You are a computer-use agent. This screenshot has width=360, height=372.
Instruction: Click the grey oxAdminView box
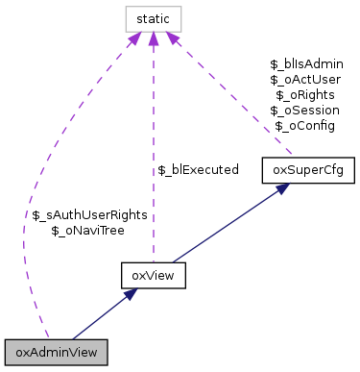[x=56, y=352]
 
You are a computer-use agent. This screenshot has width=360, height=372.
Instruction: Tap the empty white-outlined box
[x=154, y=19]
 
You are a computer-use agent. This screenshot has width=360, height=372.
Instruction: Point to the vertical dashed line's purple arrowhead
[x=154, y=39]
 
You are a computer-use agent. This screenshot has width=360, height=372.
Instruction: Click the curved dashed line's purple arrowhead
[x=134, y=39]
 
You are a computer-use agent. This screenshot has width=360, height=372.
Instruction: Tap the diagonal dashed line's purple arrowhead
[x=173, y=39]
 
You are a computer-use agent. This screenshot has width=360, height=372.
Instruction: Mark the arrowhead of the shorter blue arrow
[x=132, y=294]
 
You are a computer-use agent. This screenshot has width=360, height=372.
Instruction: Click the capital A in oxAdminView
[x=35, y=352]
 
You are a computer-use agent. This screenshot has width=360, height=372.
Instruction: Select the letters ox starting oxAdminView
[x=22, y=353]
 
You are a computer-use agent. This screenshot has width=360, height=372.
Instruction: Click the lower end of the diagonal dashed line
[x=292, y=154]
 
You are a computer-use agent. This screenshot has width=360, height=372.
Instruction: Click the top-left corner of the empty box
[x=126, y=7]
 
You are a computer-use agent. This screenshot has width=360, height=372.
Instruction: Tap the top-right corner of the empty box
[x=181, y=7]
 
